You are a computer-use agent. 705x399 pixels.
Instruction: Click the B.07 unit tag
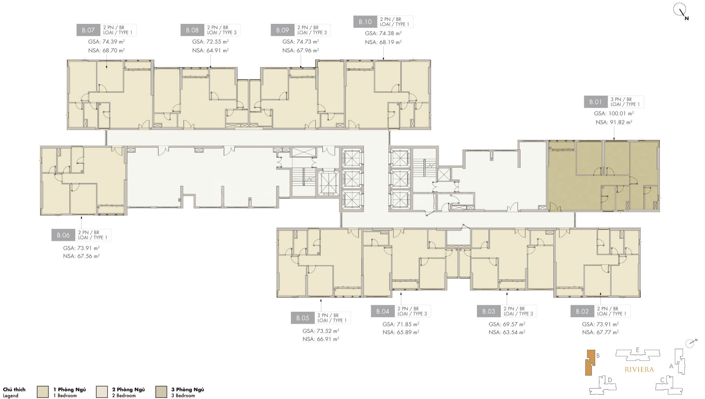coord(88,30)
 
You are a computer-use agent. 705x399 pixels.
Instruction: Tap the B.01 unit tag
coord(596,102)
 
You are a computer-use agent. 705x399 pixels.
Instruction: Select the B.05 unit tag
coord(303,318)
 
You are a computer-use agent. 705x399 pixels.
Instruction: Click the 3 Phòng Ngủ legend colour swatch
coord(161,392)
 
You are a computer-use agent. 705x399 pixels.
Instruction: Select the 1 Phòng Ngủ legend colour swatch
coord(43,392)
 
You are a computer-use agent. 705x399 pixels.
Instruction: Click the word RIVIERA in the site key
coord(639,369)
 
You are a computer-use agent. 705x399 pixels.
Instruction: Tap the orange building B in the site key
coord(590,362)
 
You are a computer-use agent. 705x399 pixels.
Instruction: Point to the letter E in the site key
coord(638,350)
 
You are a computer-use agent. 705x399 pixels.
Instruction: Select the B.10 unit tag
coord(365,22)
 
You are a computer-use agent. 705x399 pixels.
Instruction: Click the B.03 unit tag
coord(489,311)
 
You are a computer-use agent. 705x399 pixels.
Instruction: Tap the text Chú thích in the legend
coord(14,389)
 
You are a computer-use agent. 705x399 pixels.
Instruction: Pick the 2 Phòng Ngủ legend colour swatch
coord(102,392)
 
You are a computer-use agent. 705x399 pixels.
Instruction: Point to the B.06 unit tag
coord(63,235)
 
